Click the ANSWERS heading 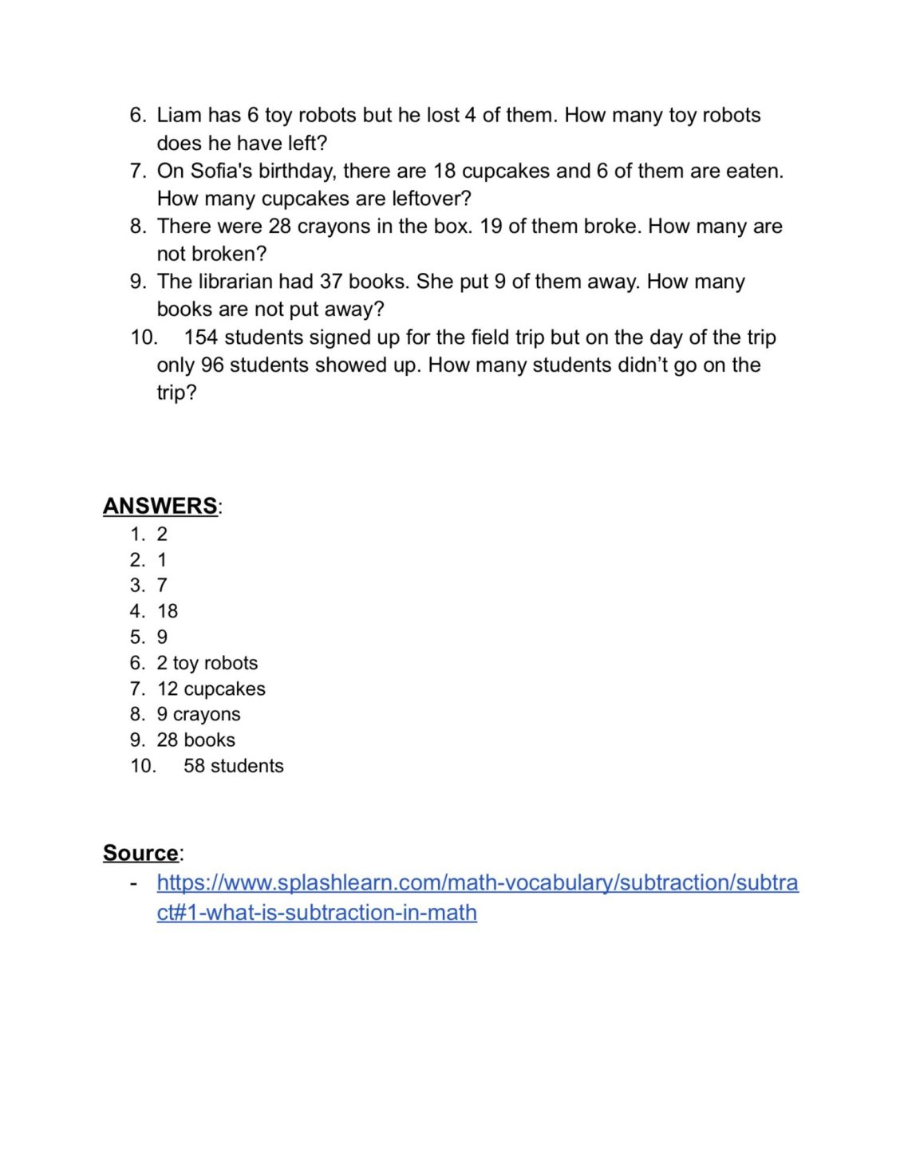click(160, 506)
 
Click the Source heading click(140, 853)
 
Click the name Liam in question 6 click(179, 116)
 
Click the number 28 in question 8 click(279, 227)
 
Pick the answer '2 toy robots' click(207, 663)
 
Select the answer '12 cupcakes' click(211, 689)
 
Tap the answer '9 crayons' click(199, 714)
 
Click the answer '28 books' click(196, 740)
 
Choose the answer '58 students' click(234, 766)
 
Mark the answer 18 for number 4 click(168, 611)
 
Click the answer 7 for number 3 click(162, 586)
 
